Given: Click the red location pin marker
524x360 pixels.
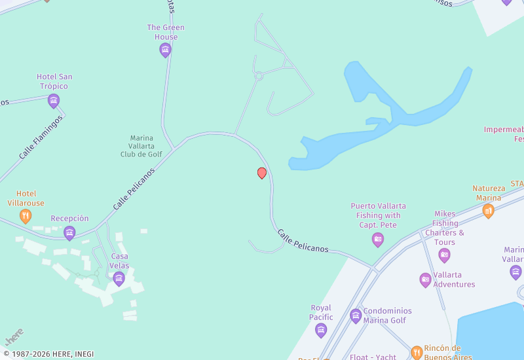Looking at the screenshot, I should [x=262, y=173].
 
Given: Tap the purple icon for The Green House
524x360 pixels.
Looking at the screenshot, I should [x=166, y=50].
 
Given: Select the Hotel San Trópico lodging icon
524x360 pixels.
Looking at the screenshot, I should [x=54, y=100].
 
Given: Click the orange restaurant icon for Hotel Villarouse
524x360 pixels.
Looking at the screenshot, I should [x=26, y=215].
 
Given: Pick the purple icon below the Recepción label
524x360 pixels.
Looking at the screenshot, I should [x=69, y=232].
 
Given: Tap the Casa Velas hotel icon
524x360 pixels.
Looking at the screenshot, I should [x=119, y=279].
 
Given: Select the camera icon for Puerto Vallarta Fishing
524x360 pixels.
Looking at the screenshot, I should [x=377, y=240].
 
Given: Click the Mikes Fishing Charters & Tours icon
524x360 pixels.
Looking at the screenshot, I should [x=445, y=255].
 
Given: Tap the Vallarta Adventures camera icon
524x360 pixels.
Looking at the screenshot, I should [x=425, y=280].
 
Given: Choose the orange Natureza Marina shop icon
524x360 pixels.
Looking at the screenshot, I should [x=488, y=210].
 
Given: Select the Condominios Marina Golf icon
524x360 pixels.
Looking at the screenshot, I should [x=356, y=316].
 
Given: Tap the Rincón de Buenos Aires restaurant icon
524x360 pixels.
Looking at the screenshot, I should [x=417, y=353].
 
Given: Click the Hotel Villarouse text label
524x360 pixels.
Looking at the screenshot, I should [x=26, y=198].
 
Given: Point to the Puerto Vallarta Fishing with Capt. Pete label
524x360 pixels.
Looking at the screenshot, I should [x=378, y=215].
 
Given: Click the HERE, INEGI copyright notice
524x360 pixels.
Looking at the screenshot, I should [x=49, y=354].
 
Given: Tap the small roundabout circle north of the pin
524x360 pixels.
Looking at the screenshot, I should [x=259, y=76].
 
